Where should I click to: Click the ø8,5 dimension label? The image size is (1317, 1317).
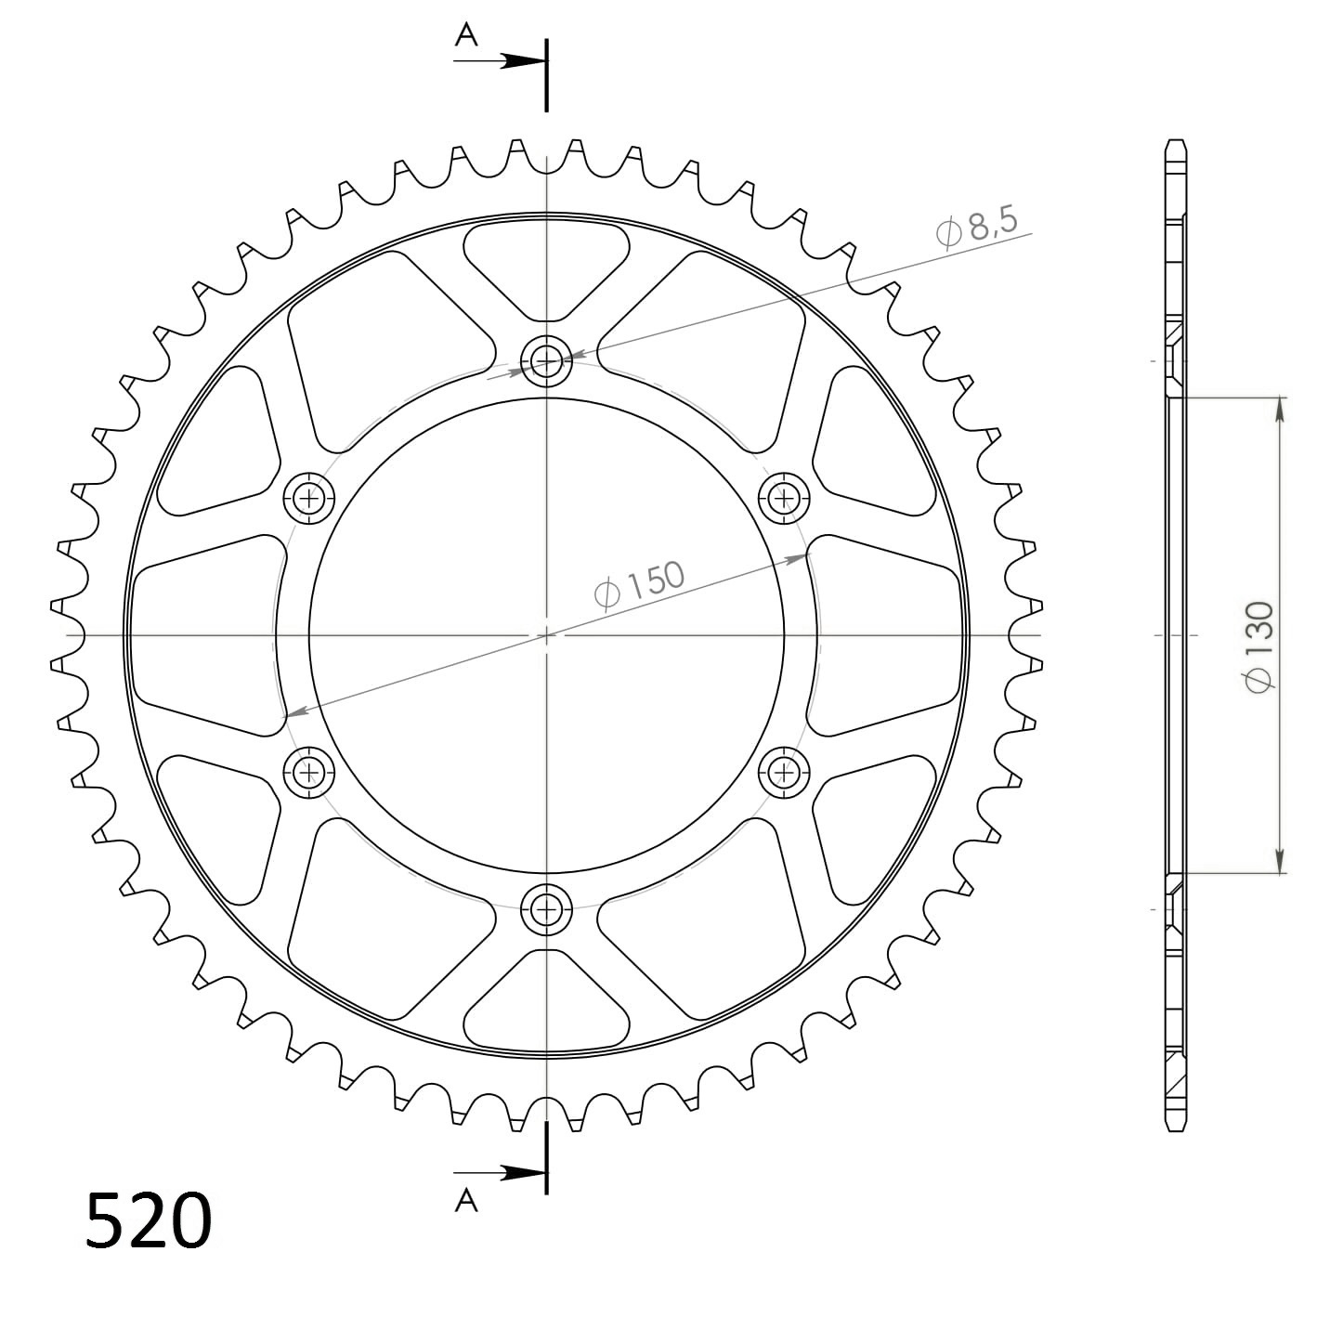point(978,228)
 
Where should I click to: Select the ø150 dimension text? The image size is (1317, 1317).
point(639,585)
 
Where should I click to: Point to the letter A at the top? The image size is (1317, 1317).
point(466,35)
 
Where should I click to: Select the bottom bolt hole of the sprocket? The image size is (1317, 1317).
point(546,911)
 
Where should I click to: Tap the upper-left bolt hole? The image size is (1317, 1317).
point(307,499)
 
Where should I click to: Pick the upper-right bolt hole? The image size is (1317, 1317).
point(785,499)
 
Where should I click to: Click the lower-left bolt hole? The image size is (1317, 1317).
point(307,771)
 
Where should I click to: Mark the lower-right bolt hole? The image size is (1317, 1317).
point(785,771)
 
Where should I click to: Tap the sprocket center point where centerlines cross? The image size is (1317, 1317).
point(546,635)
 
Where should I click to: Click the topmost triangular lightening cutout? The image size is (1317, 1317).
point(546,260)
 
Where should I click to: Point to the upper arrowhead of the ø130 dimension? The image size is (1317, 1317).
point(1281,409)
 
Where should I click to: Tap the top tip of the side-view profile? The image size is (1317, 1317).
point(1175,141)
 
